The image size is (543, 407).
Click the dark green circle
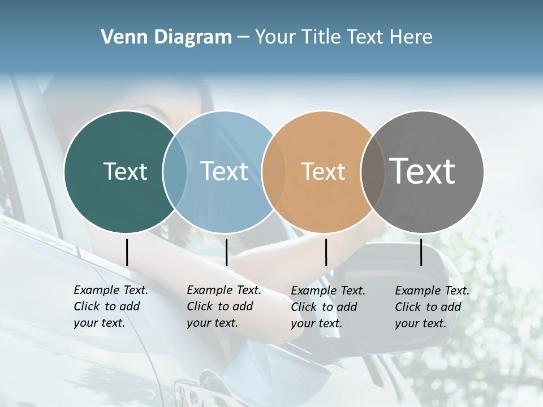[x=113, y=198]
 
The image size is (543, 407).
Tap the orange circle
[x=317, y=203]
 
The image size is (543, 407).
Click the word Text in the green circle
[x=125, y=171]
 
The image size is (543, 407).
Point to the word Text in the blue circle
[x=225, y=171]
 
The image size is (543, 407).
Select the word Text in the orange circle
[x=323, y=171]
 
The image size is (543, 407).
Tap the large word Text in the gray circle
[x=423, y=171]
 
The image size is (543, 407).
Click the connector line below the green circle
[x=127, y=252]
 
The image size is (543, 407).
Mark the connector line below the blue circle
[x=226, y=252]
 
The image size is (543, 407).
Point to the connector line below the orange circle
[x=326, y=252]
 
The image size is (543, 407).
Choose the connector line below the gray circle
[x=421, y=252]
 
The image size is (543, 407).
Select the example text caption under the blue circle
[x=223, y=306]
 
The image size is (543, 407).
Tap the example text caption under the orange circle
[x=327, y=307]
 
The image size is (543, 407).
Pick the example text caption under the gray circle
[x=432, y=307]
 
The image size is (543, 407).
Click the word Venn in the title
[x=119, y=37]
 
